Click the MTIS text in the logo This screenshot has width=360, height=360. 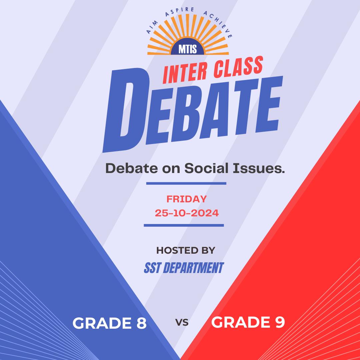188,49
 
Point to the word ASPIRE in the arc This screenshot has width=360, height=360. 180,11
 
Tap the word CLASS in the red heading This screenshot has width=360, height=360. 238,67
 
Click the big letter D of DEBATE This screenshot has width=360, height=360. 126,110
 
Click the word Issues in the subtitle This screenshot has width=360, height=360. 259,168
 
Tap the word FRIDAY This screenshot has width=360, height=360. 187,199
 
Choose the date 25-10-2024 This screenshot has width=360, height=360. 187,213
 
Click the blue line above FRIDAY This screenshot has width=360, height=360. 186,183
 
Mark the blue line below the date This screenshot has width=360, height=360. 184,225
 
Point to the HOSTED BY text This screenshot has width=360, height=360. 186,250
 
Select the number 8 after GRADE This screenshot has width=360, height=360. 141,323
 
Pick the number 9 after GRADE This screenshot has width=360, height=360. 280,322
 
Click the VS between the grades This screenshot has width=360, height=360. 182,323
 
